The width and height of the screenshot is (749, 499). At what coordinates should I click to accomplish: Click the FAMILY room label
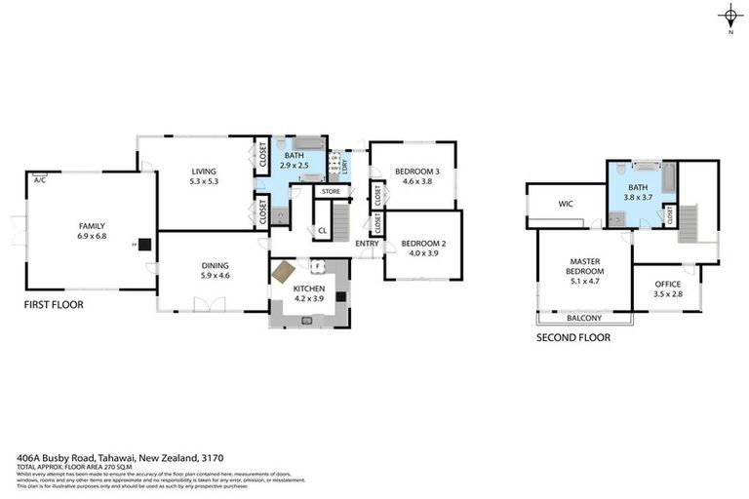click(91, 225)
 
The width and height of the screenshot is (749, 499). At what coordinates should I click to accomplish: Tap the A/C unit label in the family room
click(40, 180)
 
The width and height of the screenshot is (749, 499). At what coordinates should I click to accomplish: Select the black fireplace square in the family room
click(144, 245)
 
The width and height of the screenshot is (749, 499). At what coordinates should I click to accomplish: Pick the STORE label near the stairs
click(331, 191)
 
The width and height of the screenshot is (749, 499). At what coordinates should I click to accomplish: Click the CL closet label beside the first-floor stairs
click(322, 230)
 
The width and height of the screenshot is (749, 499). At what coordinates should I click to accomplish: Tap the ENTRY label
click(367, 243)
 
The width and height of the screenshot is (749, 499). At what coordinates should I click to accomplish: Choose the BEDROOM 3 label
click(417, 172)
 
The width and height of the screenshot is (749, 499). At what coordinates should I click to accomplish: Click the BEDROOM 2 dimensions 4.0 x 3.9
click(421, 251)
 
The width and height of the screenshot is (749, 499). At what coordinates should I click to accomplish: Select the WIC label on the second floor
click(565, 205)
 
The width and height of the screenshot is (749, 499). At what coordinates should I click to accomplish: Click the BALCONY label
click(584, 318)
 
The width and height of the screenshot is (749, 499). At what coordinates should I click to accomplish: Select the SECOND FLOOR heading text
click(573, 338)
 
